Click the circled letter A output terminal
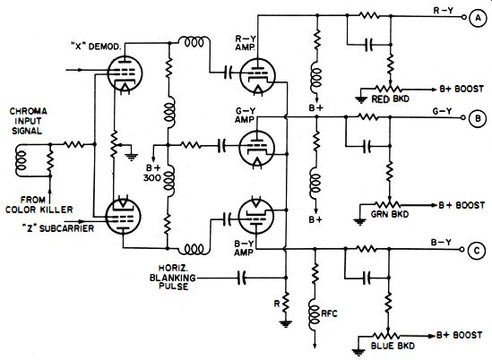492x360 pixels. [x=478, y=18]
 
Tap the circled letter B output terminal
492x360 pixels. [x=478, y=118]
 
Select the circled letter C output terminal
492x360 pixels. [x=477, y=250]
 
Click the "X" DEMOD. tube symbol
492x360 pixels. [x=125, y=73]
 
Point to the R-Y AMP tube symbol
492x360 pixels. [x=257, y=76]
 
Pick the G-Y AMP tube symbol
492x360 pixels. [x=256, y=148]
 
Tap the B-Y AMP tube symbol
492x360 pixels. [x=256, y=216]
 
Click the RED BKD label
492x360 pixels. [x=391, y=99]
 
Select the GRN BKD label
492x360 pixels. [x=390, y=214]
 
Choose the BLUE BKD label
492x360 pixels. [x=393, y=346]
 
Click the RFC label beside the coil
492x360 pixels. [x=329, y=313]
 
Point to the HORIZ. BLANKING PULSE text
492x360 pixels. [x=173, y=278]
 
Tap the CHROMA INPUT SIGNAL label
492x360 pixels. [x=28, y=121]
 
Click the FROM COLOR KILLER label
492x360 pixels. [x=39, y=204]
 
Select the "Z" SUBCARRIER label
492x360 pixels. [x=58, y=228]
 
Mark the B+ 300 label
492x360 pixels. [x=153, y=173]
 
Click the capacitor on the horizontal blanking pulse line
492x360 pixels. [x=241, y=278]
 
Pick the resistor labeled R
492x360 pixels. [x=285, y=303]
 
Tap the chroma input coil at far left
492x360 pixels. [x=22, y=160]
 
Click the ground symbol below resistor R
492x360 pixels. [x=285, y=323]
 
